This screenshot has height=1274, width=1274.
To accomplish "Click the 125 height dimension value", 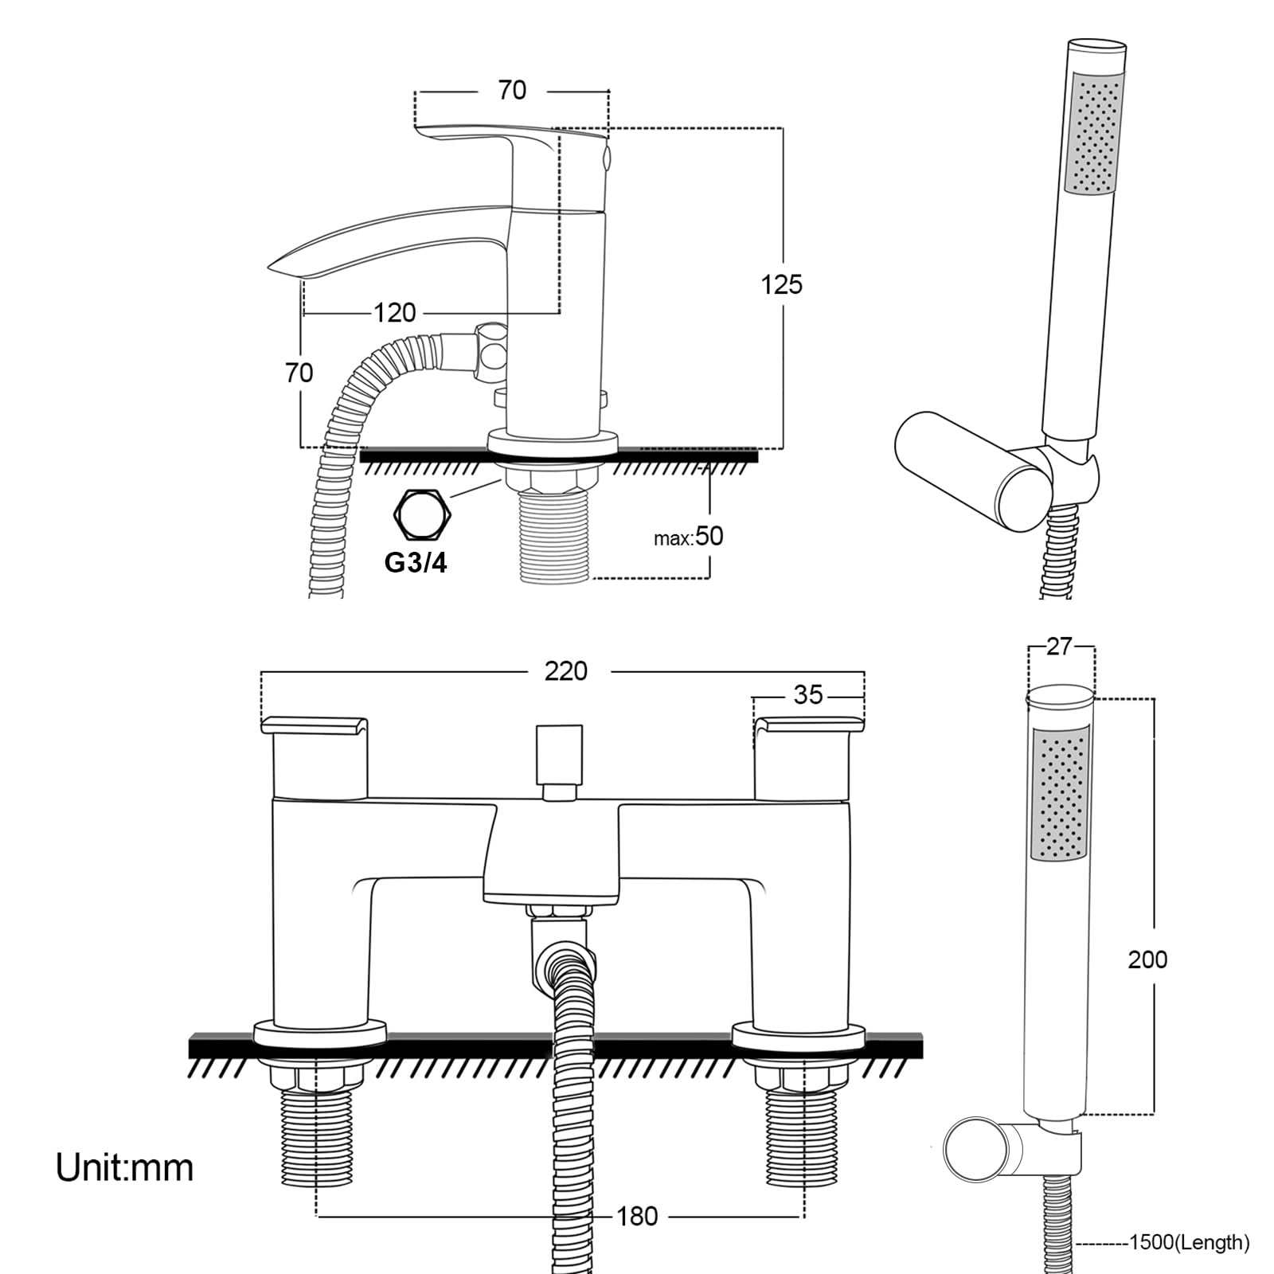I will [x=781, y=284].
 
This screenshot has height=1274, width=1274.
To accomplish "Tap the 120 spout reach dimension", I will [x=395, y=312].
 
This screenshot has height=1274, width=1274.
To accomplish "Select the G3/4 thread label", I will [x=416, y=562].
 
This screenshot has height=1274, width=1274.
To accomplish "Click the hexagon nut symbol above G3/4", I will [x=423, y=514].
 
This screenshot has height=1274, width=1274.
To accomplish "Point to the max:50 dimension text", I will [x=688, y=537].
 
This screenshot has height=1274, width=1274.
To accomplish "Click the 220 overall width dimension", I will [x=565, y=671].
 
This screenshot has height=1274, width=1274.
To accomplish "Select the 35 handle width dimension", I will [x=807, y=695].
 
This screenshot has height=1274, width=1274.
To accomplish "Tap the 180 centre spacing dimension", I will [x=637, y=1216].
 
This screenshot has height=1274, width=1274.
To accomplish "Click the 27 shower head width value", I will [x=1059, y=647].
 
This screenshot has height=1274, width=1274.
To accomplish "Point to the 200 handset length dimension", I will [x=1147, y=959].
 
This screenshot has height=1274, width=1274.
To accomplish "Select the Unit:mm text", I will [x=124, y=1168].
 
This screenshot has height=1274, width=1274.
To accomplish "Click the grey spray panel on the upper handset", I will [x=1095, y=133].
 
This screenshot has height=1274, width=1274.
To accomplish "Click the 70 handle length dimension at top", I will [x=512, y=90].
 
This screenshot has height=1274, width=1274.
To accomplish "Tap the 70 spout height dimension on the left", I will [x=299, y=373].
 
